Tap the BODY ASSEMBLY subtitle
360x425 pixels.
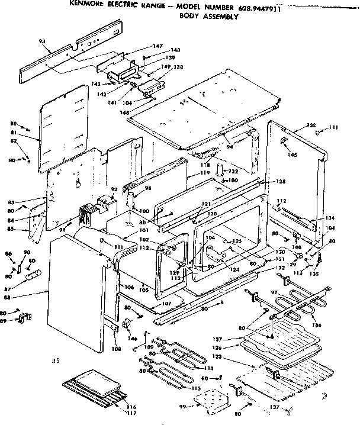pyautogui.click(x=208, y=17)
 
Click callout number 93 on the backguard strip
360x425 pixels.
pyautogui.click(x=41, y=41)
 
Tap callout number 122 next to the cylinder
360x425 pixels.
pyautogui.click(x=233, y=171)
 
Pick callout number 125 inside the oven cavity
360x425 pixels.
pyautogui.click(x=237, y=241)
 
